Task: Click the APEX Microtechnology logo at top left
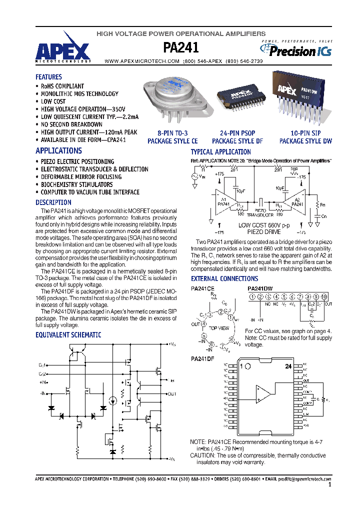[x=63, y=51]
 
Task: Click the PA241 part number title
[x=181, y=47]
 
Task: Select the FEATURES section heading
[x=48, y=77]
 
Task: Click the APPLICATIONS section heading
[x=58, y=150]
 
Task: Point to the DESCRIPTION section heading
[x=53, y=202]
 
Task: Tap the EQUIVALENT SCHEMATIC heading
[x=68, y=335]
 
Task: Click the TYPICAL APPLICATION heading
[x=220, y=152]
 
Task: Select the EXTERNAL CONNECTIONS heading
[x=224, y=278]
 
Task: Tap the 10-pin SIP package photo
[x=301, y=97]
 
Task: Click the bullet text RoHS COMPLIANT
[x=62, y=86]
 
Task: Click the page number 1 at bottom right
[x=330, y=484]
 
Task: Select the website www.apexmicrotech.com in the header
[x=141, y=61]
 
